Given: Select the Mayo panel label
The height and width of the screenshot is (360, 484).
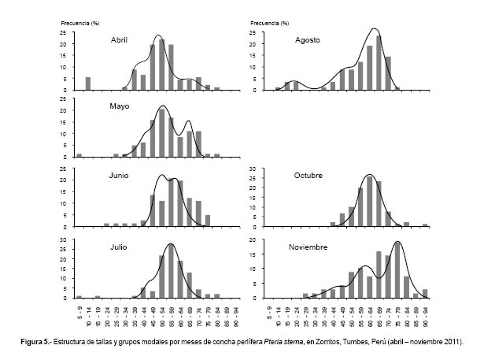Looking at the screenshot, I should pos(120,106).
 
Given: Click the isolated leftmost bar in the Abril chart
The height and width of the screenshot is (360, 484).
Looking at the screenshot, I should pos(88,83).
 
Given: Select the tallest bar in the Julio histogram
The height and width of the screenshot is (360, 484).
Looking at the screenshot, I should pos(171,272).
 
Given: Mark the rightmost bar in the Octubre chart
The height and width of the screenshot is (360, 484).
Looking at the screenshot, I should pos(425,225).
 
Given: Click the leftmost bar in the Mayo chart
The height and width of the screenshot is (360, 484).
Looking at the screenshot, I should pos(79,155).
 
